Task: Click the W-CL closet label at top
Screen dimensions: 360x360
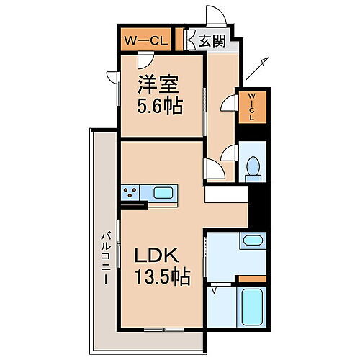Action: pyautogui.click(x=147, y=40)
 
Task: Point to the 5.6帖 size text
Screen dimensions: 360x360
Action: pyautogui.click(x=159, y=107)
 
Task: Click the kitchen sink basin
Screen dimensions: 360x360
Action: pyautogui.click(x=163, y=193)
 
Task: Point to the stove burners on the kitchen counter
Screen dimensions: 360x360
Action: pyautogui.click(x=131, y=193)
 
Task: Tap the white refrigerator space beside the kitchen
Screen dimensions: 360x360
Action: pyautogui.click(x=225, y=194)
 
